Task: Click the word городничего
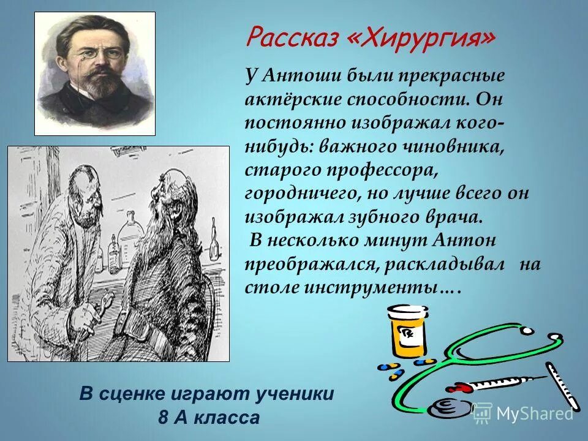(297, 194)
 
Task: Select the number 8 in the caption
(163, 418)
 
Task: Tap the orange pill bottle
(407, 331)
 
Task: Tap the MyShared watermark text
(534, 413)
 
